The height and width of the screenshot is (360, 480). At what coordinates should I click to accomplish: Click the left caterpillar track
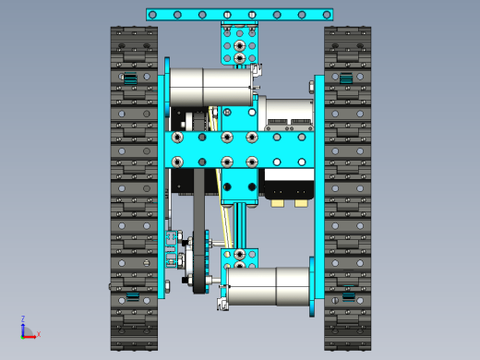coord(134,188)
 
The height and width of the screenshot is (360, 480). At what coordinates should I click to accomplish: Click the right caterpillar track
coord(347,188)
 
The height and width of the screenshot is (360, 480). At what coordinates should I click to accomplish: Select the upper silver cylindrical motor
coord(211,87)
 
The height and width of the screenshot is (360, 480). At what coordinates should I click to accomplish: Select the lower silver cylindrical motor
coord(268,286)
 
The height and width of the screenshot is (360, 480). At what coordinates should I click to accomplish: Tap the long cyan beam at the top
coord(240,15)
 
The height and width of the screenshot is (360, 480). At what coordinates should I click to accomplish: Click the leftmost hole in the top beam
coord(152,15)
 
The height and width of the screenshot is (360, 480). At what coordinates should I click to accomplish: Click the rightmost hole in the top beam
coord(327,15)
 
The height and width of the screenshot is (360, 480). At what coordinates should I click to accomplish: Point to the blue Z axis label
coord(23,318)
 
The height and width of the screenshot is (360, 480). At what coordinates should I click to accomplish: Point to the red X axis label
coord(39,334)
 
